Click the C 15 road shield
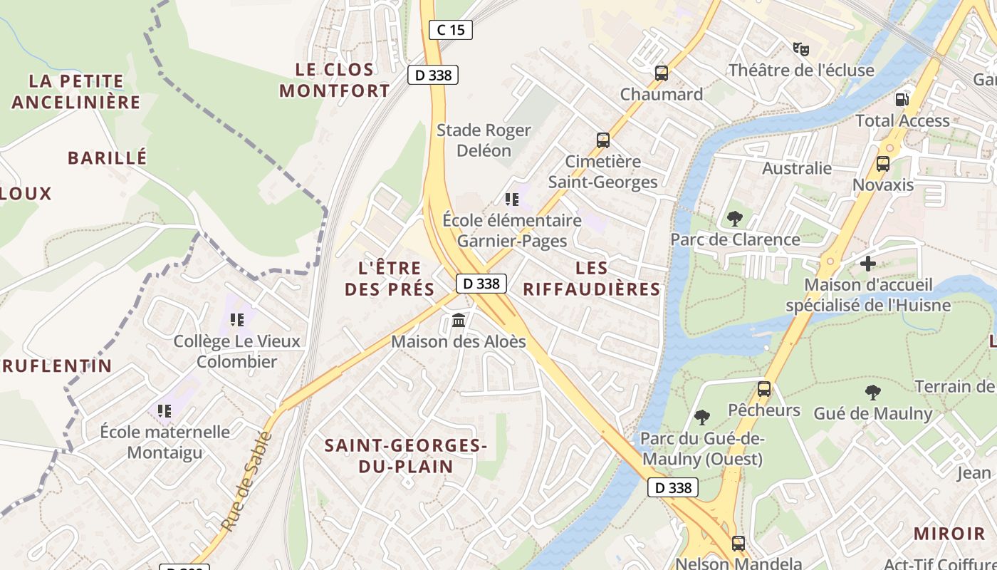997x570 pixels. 451,30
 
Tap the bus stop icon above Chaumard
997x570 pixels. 662,73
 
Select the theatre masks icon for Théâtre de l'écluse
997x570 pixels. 801,49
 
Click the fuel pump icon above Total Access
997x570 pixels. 902,99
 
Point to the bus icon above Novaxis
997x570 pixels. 883,163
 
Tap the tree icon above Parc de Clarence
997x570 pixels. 735,218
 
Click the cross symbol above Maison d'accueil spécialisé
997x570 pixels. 867,264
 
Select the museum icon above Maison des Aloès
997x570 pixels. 459,321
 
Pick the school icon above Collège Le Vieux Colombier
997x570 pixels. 237,320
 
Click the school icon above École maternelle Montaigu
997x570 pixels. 165,410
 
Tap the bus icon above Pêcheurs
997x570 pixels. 764,389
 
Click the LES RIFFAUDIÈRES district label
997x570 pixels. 592,279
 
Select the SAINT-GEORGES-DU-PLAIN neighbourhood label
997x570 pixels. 405,456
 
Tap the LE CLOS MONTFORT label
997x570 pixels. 335,80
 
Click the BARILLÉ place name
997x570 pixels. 107,157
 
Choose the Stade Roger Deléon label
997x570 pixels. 484,140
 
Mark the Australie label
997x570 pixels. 797,168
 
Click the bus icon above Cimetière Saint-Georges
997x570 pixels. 603,140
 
